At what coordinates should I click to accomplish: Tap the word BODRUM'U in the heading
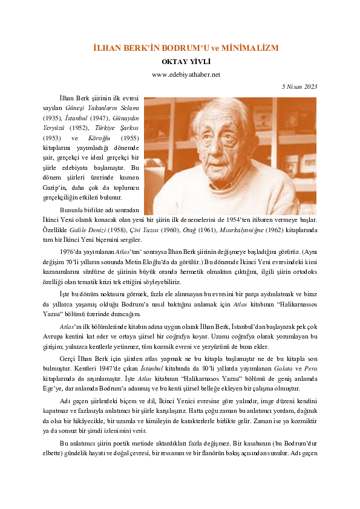point(182,48)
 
